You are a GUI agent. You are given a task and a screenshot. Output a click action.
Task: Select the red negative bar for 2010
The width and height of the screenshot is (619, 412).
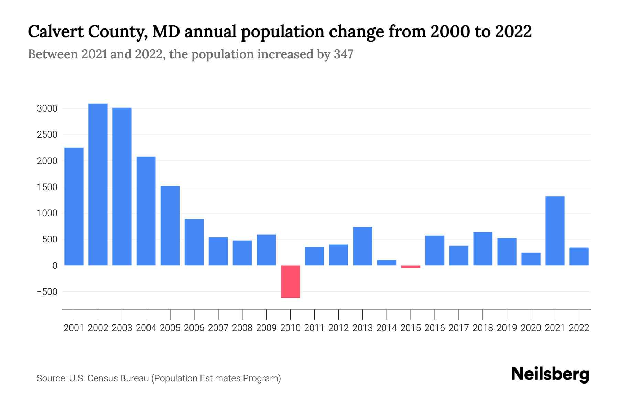click(x=290, y=282)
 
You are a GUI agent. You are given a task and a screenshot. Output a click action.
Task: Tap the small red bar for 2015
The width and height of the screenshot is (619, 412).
click(x=411, y=267)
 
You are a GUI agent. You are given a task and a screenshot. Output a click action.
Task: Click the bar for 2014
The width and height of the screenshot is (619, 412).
click(x=387, y=263)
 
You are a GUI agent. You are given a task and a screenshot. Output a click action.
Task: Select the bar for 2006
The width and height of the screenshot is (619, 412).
click(x=194, y=242)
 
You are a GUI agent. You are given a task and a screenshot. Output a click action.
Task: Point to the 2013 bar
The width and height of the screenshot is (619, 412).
click(x=362, y=246)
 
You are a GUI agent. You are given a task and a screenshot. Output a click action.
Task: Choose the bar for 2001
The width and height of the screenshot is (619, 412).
click(x=74, y=206)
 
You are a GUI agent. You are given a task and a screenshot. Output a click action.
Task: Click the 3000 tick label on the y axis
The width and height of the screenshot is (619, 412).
click(x=47, y=108)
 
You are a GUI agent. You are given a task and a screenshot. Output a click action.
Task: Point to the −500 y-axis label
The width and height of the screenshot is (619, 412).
click(x=47, y=292)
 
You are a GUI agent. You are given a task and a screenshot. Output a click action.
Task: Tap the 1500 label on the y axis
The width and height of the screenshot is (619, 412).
click(x=47, y=187)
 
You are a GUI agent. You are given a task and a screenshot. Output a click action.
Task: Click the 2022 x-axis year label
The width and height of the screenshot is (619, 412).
click(x=579, y=328)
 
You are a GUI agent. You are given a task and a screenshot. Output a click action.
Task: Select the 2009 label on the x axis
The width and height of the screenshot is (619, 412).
click(x=266, y=328)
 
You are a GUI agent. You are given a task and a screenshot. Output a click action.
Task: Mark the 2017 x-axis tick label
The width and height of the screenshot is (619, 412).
click(x=459, y=328)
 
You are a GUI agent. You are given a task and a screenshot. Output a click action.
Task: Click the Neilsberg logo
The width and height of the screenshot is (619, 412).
click(x=550, y=374)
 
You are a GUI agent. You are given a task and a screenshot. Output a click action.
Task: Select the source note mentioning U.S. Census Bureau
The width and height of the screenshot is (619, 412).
click(x=159, y=378)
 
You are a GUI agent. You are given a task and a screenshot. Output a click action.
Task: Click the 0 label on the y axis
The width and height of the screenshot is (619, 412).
click(x=55, y=266)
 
